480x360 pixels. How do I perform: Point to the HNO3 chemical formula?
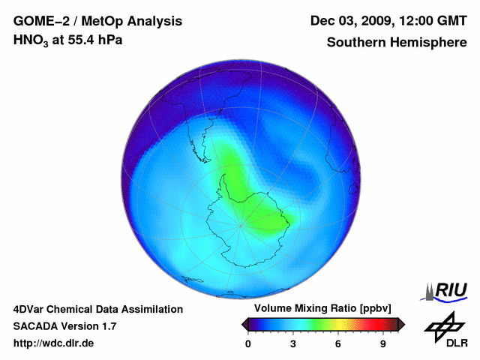(31, 40)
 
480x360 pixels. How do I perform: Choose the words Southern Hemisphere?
(397, 43)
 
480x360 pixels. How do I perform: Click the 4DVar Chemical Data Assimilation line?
(98, 309)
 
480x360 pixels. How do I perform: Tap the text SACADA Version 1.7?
(64, 326)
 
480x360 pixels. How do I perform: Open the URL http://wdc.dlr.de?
(54, 343)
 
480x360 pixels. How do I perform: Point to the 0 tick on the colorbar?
(248, 343)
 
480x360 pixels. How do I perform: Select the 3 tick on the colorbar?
(293, 343)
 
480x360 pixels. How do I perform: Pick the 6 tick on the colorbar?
(338, 343)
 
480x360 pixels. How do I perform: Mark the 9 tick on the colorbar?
(383, 343)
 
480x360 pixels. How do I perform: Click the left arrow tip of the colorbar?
(244, 324)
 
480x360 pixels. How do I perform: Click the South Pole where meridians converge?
(241, 223)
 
